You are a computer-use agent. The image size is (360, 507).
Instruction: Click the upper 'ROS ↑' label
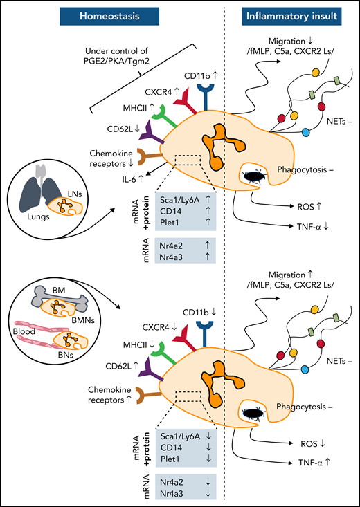click(311, 205)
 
